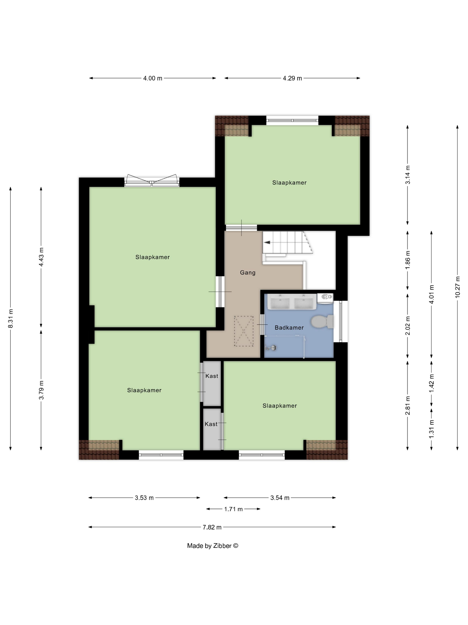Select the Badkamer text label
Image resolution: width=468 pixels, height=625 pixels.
pos(289,328)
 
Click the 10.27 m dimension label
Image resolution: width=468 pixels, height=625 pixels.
pos(457,287)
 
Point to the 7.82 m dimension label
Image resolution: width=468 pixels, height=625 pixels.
pos(212,527)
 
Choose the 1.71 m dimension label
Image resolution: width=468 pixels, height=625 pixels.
pos(233,509)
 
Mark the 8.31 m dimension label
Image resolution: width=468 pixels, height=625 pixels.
pos(10,319)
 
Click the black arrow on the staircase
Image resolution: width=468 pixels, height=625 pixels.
pos(267,242)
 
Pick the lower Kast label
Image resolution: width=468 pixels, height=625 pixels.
pos(211,424)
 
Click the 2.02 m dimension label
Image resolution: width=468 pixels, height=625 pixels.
pos(408,325)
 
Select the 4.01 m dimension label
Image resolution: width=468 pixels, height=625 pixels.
pos(431,294)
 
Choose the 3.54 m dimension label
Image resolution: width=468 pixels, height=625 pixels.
pos(280,498)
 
